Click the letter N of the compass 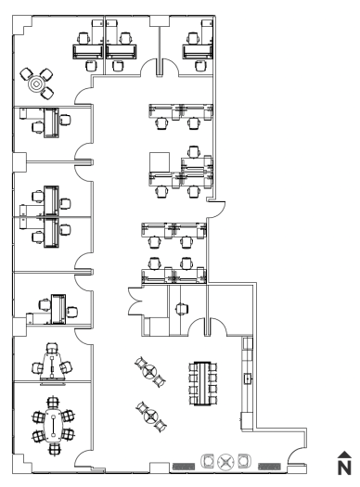pos(344,468)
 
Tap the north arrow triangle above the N pos(344,455)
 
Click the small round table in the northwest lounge pos(36,83)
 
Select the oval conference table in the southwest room pos(54,426)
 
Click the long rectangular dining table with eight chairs pos(202,383)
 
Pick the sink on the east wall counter pos(248,378)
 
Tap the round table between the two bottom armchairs pos(225,462)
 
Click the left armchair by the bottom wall pos(208,461)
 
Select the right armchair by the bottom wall pos(244,461)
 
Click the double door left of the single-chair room pos(135,301)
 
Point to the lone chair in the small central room pos(182,309)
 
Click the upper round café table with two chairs pos(150,371)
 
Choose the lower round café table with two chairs pos(151,417)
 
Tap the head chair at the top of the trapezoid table pos(52,348)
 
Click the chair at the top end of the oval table pos(53,403)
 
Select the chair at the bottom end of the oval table pos(54,449)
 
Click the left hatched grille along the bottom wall pos(184,467)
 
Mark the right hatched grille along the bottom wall pos(270,467)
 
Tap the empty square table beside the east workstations pos(160,161)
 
